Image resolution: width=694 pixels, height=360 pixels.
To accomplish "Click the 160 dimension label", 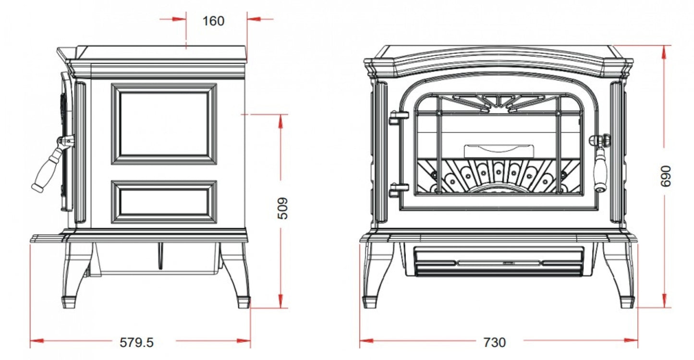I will click(213, 21).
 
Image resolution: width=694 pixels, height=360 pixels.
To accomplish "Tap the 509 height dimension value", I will click(284, 209).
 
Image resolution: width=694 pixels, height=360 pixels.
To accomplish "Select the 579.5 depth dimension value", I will click(136, 342).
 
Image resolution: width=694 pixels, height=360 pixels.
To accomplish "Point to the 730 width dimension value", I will click(494, 342).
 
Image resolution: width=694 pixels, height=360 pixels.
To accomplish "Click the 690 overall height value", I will click(666, 176).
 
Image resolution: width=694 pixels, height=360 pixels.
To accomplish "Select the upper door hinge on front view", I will click(399, 118).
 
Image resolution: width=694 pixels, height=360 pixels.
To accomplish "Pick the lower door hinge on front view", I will click(399, 190).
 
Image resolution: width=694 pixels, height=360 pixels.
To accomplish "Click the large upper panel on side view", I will click(164, 123).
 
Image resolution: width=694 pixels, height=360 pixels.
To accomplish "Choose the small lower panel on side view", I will click(164, 202).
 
